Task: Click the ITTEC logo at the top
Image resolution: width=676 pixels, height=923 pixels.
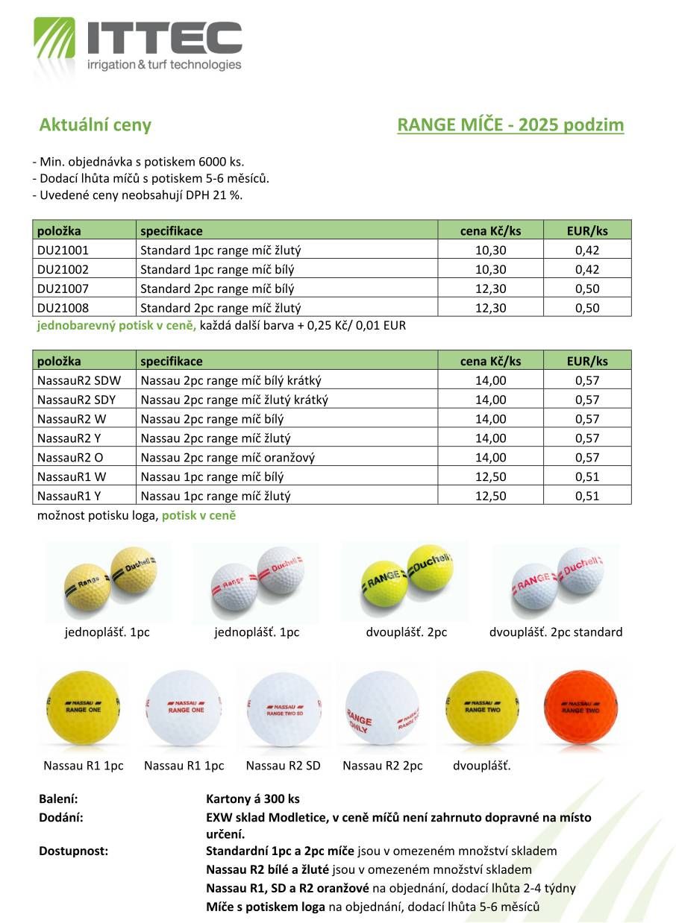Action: (x=138, y=45)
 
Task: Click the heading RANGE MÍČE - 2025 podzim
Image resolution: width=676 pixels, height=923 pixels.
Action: (x=510, y=125)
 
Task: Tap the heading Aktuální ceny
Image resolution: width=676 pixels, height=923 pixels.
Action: (x=95, y=125)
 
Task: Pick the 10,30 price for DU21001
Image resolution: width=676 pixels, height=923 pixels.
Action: (x=490, y=251)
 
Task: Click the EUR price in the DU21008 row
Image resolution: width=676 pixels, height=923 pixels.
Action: (x=587, y=308)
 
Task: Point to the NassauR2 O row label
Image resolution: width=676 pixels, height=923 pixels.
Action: (x=70, y=458)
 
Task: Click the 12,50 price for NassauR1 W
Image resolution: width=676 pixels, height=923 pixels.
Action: (x=490, y=477)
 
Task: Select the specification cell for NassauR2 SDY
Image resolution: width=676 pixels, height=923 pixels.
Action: (x=234, y=400)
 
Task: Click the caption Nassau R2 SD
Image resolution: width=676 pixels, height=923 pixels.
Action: (x=283, y=766)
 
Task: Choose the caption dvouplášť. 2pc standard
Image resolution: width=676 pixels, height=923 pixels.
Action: (x=556, y=632)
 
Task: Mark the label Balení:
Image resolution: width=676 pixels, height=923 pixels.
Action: (x=58, y=798)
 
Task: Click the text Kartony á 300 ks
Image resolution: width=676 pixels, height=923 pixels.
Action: (x=253, y=798)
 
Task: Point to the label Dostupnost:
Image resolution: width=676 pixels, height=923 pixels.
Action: (x=73, y=851)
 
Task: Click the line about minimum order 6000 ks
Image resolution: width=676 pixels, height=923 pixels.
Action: (x=138, y=162)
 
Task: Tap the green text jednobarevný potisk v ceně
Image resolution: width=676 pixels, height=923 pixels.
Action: (x=116, y=326)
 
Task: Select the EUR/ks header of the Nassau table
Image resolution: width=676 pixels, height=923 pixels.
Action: (x=587, y=361)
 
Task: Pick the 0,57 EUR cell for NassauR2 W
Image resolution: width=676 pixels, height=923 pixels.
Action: (x=587, y=419)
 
